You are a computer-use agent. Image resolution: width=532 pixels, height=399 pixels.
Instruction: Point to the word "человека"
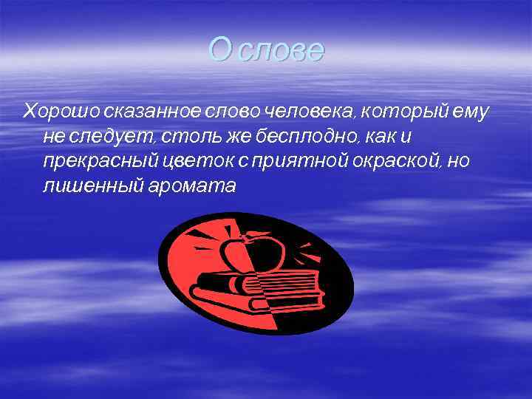pyautogui.click(x=307, y=112)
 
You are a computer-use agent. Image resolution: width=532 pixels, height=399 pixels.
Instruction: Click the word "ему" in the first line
pyautogui.click(x=474, y=112)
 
